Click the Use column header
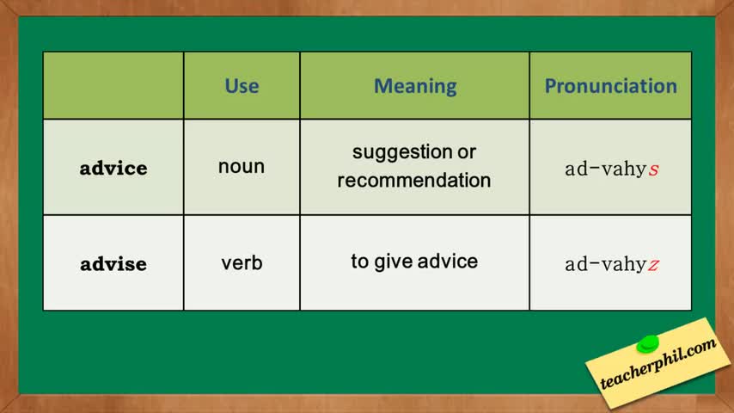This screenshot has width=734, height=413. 242,86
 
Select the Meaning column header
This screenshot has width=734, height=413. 415,87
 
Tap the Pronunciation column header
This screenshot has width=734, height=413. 611,86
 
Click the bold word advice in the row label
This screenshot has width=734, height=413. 113,168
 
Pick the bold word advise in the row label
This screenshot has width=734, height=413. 113,263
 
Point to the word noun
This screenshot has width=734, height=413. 242,166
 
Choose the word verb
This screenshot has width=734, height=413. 242,262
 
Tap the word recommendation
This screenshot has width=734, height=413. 414,180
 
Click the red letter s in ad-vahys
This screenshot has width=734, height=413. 653,170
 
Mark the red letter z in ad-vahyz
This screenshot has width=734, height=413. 653,265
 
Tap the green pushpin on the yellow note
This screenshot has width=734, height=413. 648,343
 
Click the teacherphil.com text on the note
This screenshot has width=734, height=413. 658,363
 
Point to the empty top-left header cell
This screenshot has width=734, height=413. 113,85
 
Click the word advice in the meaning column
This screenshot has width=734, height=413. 448,262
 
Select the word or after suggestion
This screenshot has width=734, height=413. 467,153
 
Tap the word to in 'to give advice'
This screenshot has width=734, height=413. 360,262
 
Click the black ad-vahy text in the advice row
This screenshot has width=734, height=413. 606,170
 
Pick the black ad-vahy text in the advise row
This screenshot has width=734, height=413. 606,264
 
